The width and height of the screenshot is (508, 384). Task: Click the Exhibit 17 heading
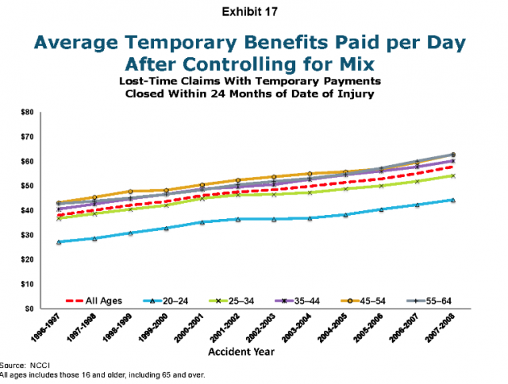coord(253,12)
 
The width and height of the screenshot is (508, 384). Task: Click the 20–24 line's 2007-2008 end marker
coord(452,200)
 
